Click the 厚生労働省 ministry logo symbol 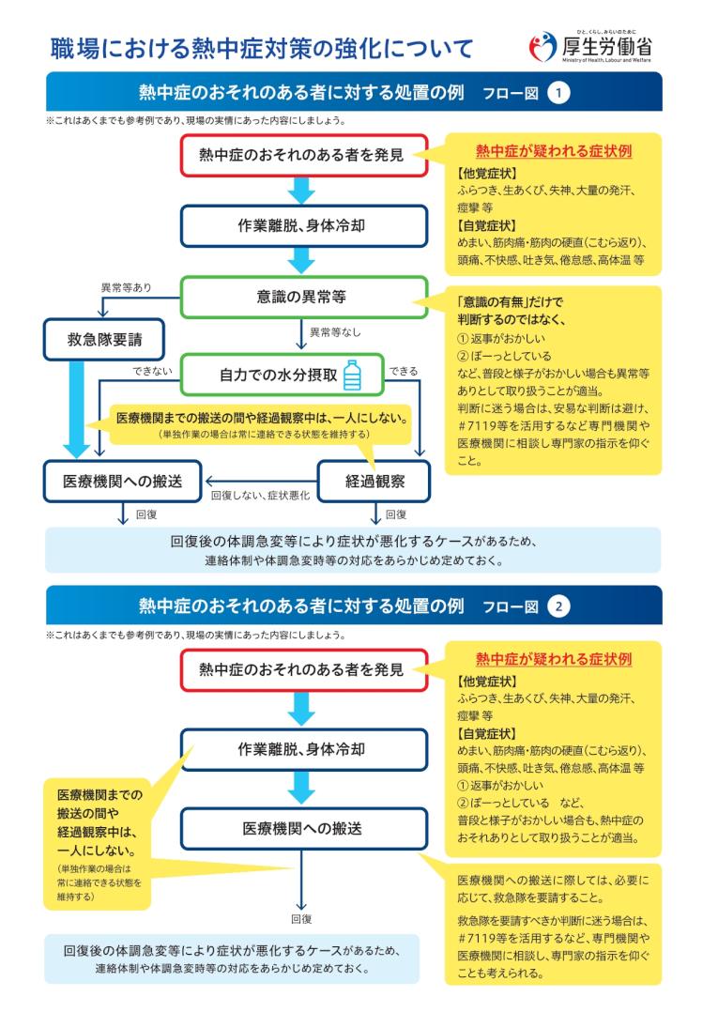pyautogui.click(x=542, y=47)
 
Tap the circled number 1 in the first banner pyautogui.click(x=558, y=92)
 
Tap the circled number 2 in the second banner pyautogui.click(x=558, y=606)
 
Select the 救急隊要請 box pyautogui.click(x=104, y=340)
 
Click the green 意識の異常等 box pyautogui.click(x=304, y=297)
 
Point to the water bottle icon pyautogui.click(x=352, y=375)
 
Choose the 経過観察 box pyautogui.click(x=374, y=481)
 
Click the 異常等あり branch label pyautogui.click(x=127, y=287)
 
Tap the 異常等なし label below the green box pyautogui.click(x=335, y=331)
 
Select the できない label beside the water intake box pyautogui.click(x=153, y=371)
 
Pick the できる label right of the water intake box pyautogui.click(x=404, y=371)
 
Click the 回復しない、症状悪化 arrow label pyautogui.click(x=261, y=495)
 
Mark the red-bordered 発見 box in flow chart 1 pyautogui.click(x=304, y=155)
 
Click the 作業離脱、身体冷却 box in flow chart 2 pyautogui.click(x=304, y=749)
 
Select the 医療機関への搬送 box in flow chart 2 pyautogui.click(x=304, y=829)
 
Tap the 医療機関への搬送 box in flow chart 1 pyautogui.click(x=123, y=481)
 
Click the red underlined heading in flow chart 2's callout pyautogui.click(x=554, y=659)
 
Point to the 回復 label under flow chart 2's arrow pyautogui.click(x=301, y=918)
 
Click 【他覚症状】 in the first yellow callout pyautogui.click(x=486, y=173)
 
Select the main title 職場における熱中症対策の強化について pyautogui.click(x=262, y=49)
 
